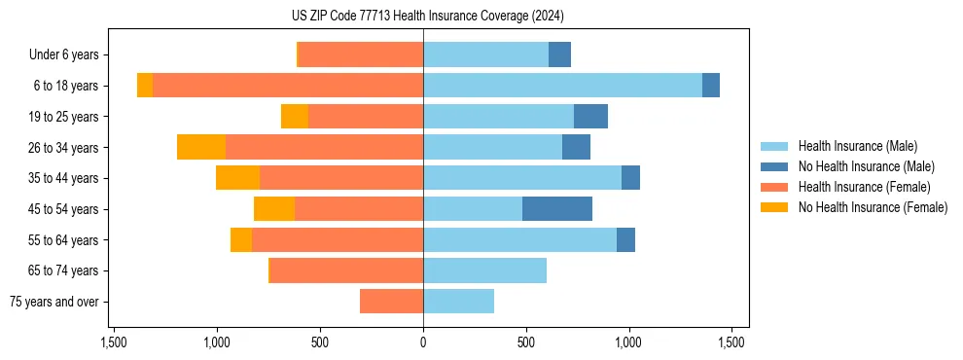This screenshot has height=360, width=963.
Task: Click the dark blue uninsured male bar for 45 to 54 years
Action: (557, 209)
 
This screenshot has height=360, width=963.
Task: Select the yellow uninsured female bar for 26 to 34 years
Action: (201, 147)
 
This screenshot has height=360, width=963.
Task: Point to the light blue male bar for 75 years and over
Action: (458, 302)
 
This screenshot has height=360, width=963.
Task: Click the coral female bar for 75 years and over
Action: (391, 302)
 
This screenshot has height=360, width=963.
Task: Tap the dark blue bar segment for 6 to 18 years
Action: (711, 86)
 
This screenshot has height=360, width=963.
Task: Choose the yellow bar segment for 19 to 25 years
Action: (295, 117)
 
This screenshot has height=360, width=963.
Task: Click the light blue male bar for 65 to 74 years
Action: (484, 270)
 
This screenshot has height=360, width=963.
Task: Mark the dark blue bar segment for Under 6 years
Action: (559, 54)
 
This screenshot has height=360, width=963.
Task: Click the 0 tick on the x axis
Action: (423, 342)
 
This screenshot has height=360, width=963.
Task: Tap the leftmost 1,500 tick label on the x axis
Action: (114, 342)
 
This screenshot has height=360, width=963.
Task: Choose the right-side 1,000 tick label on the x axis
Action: (628, 342)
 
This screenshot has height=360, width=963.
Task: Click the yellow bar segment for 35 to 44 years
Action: (237, 178)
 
